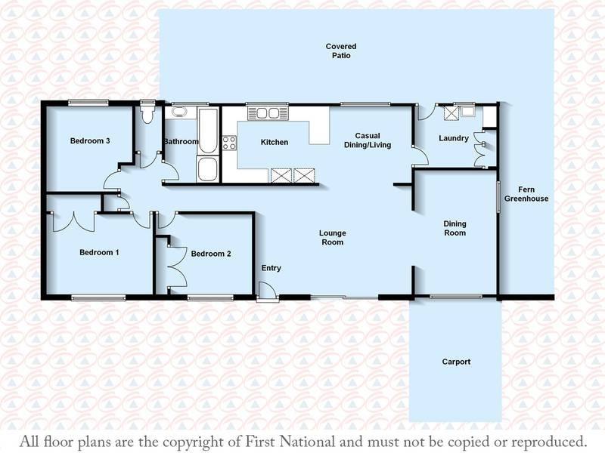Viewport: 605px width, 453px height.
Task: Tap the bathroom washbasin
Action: coord(178,112)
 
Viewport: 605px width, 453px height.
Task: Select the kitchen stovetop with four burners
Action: coord(229,142)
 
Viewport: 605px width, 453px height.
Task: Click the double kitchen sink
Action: coord(264,113)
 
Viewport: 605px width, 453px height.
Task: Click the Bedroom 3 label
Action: coord(90,140)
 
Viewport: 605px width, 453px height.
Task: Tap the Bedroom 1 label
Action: coord(99,252)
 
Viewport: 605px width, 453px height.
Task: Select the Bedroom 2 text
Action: coord(211,254)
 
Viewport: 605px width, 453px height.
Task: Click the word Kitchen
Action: coord(275,142)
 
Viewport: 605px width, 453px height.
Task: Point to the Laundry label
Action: coord(454,139)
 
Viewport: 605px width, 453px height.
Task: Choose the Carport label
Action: coord(456,362)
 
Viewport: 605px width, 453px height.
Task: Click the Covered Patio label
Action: coord(341,51)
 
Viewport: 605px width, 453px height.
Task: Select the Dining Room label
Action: coord(455,228)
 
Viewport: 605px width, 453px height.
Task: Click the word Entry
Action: coord(271,269)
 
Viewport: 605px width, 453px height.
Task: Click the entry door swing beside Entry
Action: coord(265,291)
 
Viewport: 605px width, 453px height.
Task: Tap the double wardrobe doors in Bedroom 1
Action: coord(73,221)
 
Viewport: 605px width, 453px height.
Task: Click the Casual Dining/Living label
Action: coord(368,140)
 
